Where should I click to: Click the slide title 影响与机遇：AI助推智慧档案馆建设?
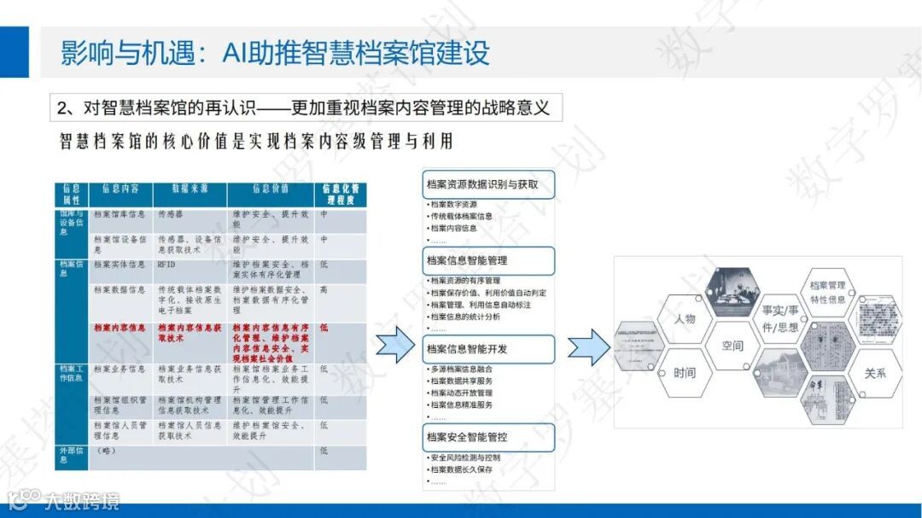[275, 52]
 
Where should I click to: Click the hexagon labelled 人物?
[685, 319]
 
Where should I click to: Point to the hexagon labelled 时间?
[685, 373]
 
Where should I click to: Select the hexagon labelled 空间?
[732, 346]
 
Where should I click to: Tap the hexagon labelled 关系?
[875, 373]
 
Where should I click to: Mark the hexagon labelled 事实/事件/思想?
[780, 318]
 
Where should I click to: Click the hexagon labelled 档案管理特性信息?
[827, 292]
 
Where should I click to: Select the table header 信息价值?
[271, 189]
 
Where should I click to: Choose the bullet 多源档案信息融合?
[462, 369]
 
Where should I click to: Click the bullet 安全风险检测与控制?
[465, 457]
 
